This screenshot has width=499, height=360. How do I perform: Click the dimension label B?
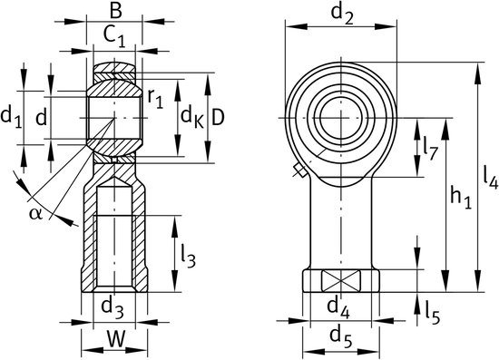coord(115,10)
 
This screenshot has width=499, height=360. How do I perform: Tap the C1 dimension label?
coord(114,35)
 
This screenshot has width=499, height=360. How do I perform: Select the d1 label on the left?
coord(12,117)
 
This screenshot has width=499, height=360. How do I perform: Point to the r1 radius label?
coord(155,99)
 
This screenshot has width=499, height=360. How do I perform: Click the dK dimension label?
coord(192,117)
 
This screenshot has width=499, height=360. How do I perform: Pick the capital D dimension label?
coord(218,117)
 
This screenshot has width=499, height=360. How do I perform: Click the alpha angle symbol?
coord(35,214)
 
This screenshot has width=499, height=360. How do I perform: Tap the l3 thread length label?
coord(188,256)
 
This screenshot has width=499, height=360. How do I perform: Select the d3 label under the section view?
coord(112,307)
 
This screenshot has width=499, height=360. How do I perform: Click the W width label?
coord(115,339)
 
